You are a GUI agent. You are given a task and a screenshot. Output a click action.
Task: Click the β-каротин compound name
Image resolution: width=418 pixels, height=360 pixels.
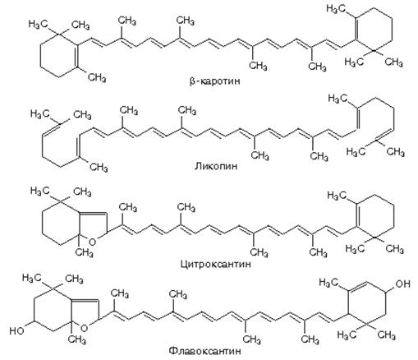pyautogui.click(x=215, y=81)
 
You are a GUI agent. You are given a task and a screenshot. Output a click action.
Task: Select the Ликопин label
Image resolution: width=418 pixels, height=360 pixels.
pyautogui.click(x=216, y=167)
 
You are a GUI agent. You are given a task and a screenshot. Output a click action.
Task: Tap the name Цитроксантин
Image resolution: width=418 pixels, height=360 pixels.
pyautogui.click(x=216, y=265)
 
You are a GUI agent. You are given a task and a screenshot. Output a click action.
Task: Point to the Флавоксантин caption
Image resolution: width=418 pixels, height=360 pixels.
pyautogui.click(x=205, y=351)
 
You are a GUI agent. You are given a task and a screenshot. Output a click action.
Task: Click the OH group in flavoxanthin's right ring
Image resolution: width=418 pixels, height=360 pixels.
pyautogui.click(x=403, y=284)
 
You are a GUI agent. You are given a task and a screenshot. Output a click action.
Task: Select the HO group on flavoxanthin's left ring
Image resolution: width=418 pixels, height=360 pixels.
pyautogui.click(x=16, y=330)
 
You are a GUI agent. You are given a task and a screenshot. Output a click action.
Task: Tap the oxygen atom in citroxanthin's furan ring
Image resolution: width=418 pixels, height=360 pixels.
pyautogui.click(x=93, y=242)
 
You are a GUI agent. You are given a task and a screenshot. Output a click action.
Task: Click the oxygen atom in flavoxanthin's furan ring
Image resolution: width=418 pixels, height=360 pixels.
pyautogui.click(x=85, y=328)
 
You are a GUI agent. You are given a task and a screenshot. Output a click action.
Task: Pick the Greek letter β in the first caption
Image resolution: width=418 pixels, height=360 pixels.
pyautogui.click(x=192, y=82)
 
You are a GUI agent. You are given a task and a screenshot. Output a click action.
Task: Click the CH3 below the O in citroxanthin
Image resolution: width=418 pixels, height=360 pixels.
pyautogui.click(x=84, y=252)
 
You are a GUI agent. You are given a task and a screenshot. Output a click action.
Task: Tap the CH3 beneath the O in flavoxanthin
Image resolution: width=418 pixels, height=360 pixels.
pyautogui.click(x=76, y=339)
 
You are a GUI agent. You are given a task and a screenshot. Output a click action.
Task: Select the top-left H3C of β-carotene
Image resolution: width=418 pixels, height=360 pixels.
pyautogui.click(x=38, y=24)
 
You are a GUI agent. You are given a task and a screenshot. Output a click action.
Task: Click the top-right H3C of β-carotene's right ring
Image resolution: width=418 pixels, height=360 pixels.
pyautogui.click(x=336, y=9)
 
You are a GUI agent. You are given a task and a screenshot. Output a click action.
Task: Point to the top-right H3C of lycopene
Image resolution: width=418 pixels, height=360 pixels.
pyautogui.click(x=338, y=99)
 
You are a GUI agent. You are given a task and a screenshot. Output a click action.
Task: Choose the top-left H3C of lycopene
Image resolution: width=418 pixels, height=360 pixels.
pyautogui.click(x=39, y=113)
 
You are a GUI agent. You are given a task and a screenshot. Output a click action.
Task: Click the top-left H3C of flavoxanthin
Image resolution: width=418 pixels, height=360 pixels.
pyautogui.click(x=31, y=278)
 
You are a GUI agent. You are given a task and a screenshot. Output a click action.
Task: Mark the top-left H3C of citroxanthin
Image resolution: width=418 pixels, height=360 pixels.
pyautogui.click(x=39, y=191)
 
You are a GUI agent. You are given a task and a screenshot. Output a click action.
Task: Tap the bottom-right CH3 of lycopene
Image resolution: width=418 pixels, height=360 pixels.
pyautogui.click(x=395, y=152)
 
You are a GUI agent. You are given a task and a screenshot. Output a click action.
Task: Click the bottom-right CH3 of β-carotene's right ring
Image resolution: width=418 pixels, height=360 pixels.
pyautogui.click(x=393, y=62)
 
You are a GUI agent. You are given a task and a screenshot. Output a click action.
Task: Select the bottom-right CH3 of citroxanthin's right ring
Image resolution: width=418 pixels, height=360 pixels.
pyautogui.click(x=394, y=249)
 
